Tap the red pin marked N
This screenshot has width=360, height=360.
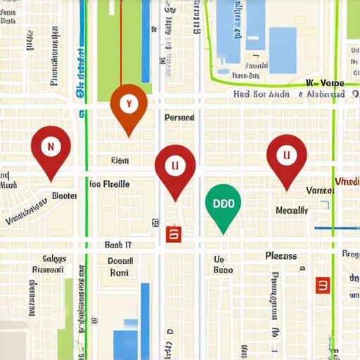coord(51,148)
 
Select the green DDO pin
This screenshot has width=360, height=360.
coord(223,205)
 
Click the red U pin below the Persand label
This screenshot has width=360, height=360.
coord(175,167)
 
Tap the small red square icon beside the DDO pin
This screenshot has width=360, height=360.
coord(173,234)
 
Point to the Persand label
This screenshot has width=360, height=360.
coord(179,118)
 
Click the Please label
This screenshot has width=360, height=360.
coord(281,256)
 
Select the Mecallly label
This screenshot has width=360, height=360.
coord(292,210)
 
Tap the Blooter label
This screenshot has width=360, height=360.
coord(65,196)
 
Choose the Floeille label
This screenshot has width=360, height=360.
coord(110,184)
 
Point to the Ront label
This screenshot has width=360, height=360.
coord(119,272)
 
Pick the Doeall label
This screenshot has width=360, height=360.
coord(121,260)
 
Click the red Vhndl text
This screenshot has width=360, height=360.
coord(347,181)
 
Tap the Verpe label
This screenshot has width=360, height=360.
coord(332,82)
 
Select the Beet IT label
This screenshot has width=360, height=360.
coord(118,245)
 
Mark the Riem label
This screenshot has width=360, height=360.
coord(120,161)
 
